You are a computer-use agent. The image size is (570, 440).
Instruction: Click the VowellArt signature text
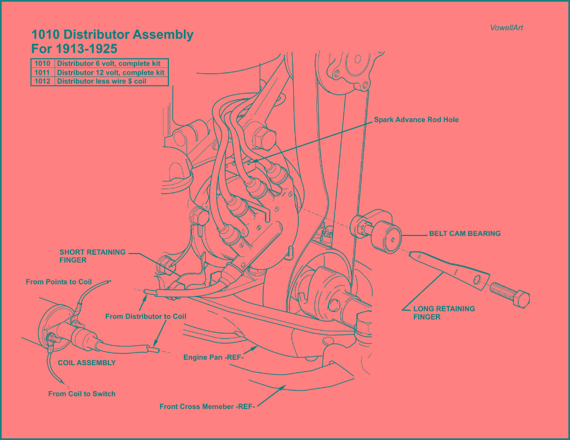point(506,28)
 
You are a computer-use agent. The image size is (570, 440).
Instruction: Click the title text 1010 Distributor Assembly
point(112,35)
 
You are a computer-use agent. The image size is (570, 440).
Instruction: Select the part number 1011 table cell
point(42,73)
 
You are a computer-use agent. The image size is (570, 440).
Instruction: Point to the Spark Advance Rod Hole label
point(416,119)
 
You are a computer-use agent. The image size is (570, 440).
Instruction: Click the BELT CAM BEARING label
point(464,233)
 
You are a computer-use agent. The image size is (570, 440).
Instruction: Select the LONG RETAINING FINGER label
point(443,312)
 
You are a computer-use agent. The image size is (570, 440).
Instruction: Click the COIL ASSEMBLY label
point(87,362)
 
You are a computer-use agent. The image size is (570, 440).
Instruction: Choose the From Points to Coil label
point(59,282)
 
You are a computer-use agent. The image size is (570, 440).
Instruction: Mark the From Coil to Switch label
point(82,393)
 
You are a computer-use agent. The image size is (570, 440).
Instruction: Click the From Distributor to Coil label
point(146,316)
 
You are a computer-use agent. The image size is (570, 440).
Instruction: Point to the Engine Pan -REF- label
point(213,358)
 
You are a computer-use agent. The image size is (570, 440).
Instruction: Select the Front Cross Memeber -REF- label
point(207,407)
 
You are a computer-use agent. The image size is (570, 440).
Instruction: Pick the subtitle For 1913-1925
point(74,48)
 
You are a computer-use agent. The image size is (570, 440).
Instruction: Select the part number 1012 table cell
point(42,81)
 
